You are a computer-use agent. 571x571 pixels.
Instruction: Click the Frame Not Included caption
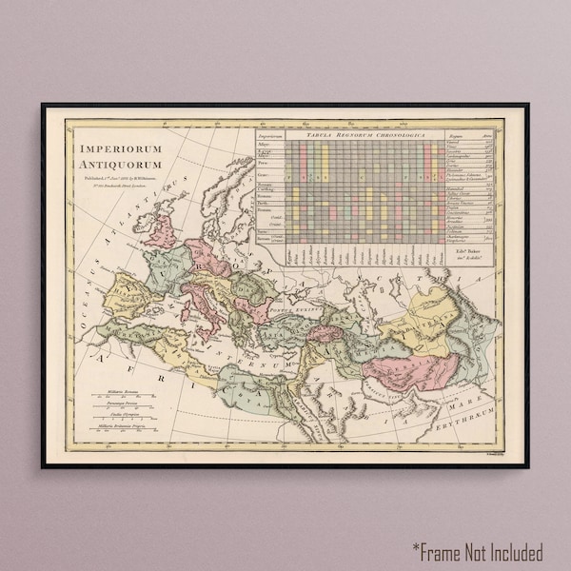coord(478,551)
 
